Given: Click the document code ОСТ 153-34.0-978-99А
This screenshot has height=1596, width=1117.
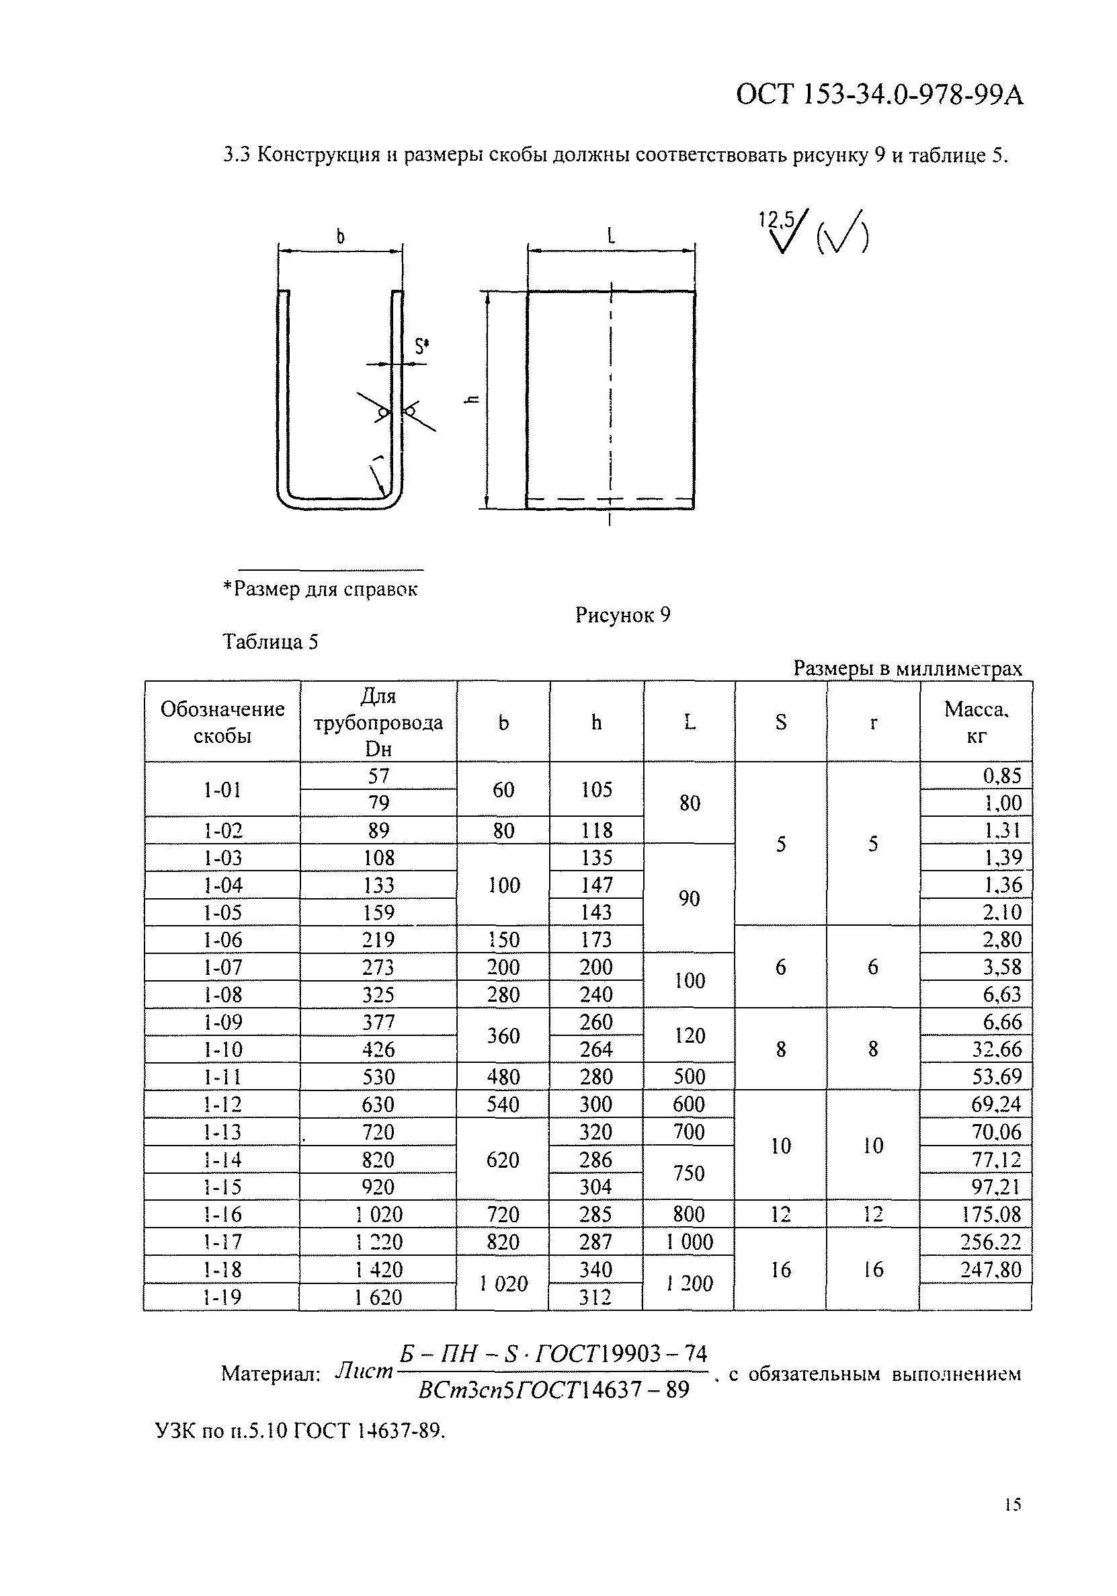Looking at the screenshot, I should (878, 95).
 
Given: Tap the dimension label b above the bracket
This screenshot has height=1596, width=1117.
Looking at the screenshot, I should (341, 238).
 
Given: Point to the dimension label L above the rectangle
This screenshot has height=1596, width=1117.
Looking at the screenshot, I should (611, 237).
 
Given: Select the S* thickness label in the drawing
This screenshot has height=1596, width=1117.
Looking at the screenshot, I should (421, 346).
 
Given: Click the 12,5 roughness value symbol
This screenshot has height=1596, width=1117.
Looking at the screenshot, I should (777, 221).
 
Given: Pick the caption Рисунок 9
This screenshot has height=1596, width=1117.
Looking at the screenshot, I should (622, 615).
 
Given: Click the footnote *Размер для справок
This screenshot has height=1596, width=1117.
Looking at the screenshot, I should (321, 590).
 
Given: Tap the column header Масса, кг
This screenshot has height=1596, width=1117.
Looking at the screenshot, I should (976, 722).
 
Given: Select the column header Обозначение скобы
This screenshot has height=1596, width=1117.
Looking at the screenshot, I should (222, 722).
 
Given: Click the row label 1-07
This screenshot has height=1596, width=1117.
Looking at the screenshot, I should (222, 967).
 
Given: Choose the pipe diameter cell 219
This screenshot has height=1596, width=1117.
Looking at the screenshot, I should (379, 940).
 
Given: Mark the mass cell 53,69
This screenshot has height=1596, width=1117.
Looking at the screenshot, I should (996, 1077).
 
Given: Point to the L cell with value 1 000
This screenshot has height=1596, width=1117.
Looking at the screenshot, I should (690, 1242).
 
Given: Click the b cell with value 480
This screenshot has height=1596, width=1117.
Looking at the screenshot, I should (503, 1077).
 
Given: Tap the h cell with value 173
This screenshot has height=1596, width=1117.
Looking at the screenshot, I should (596, 940).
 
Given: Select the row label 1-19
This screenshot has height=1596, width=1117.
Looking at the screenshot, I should (222, 1297).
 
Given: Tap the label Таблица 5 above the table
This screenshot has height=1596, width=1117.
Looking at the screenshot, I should (270, 641).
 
